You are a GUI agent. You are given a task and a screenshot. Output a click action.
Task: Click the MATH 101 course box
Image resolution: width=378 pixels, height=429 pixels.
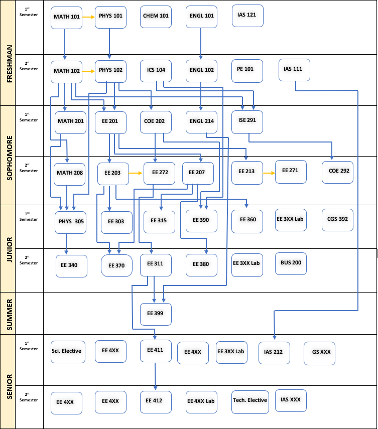click(66, 17)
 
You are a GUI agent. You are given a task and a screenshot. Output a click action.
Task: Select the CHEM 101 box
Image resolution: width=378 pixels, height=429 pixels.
click(156, 16)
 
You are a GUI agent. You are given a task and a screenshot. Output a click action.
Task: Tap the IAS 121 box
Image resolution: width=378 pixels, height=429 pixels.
click(247, 16)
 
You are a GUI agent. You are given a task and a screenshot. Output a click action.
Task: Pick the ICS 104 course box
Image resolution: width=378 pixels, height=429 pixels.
click(156, 70)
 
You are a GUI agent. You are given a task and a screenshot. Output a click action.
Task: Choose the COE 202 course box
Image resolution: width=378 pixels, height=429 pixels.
click(155, 121)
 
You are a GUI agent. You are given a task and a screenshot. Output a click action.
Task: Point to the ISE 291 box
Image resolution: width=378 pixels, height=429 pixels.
click(247, 121)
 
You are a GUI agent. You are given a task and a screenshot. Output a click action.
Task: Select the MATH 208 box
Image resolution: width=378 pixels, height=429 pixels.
click(70, 174)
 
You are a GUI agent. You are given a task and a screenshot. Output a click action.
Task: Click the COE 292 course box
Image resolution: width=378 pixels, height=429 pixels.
click(338, 171)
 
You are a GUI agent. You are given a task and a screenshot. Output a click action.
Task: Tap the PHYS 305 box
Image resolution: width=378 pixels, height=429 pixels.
click(69, 222)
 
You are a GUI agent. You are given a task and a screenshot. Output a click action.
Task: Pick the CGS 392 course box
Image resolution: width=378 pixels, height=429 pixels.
click(337, 219)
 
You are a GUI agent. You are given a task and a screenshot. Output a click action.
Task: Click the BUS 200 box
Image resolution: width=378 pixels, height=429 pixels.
click(290, 263)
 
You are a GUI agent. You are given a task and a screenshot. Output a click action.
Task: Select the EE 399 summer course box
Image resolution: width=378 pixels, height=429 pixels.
click(156, 314)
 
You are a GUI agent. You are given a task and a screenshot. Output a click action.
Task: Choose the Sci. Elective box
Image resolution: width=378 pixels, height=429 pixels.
click(66, 351)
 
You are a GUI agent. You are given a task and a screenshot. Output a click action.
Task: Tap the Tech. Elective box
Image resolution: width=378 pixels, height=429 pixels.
click(250, 400)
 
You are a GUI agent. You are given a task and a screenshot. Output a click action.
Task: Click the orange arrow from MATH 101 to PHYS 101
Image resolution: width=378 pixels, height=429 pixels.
click(88, 17)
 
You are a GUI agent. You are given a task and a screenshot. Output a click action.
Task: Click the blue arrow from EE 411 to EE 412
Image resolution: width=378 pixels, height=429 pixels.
click(155, 376)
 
